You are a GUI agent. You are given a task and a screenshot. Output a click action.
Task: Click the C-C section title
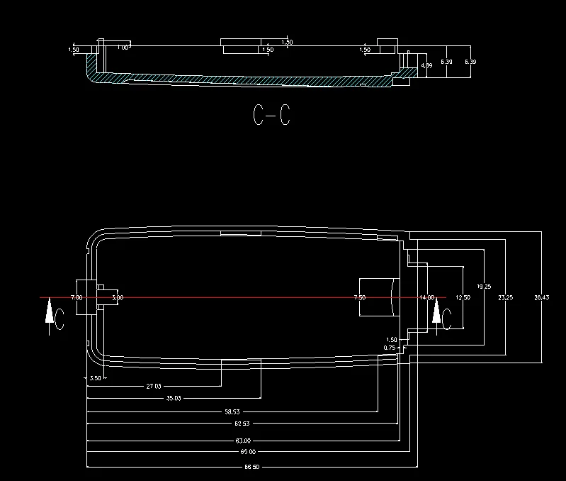point(271,115)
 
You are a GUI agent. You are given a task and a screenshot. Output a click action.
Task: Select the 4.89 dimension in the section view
point(426,65)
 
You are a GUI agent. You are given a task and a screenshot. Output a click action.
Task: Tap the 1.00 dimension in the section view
point(122,48)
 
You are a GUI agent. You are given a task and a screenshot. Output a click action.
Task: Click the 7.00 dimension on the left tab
point(77,297)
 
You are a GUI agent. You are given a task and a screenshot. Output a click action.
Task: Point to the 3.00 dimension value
point(117,297)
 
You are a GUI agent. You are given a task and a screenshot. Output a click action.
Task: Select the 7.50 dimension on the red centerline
point(359,297)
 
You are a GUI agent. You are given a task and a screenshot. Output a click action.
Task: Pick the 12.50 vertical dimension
point(462,297)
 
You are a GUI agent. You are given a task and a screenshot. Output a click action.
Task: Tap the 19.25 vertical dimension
point(483,287)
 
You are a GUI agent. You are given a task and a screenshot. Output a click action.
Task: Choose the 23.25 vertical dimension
point(504,297)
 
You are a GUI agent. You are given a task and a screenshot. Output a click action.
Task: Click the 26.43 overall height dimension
point(541,297)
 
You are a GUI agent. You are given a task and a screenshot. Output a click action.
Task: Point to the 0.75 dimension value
point(390,348)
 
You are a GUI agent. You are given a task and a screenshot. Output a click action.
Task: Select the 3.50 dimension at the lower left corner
point(96,378)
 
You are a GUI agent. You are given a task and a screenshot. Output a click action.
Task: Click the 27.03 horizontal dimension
point(154,387)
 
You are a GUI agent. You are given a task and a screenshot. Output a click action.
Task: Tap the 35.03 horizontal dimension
point(174,399)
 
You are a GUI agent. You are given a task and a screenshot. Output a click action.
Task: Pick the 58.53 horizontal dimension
point(232,411)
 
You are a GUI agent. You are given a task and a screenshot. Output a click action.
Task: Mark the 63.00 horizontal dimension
point(242,441)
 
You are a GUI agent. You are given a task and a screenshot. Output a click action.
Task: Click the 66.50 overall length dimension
point(252,467)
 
